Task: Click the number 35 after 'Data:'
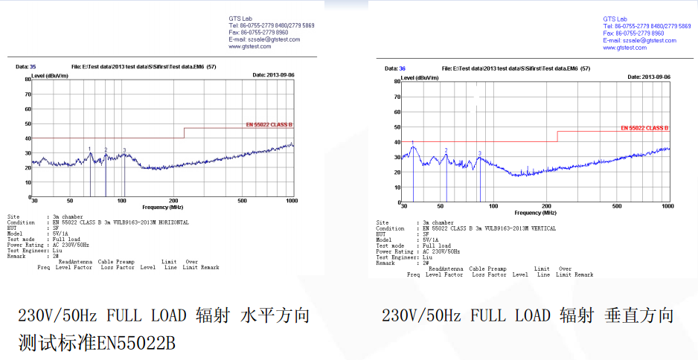[32, 67]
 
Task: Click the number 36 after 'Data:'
[402, 68]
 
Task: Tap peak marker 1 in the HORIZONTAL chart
[90, 150]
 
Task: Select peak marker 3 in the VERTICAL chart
[480, 153]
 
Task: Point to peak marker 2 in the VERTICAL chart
[446, 150]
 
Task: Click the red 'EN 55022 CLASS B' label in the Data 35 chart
[269, 125]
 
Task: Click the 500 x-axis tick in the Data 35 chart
[242, 201]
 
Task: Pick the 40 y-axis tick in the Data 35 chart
[27, 138]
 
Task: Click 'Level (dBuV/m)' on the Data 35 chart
[49, 75]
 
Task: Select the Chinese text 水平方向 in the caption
[275, 315]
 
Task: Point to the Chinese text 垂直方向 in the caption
[639, 315]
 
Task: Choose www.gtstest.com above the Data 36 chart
[624, 48]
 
